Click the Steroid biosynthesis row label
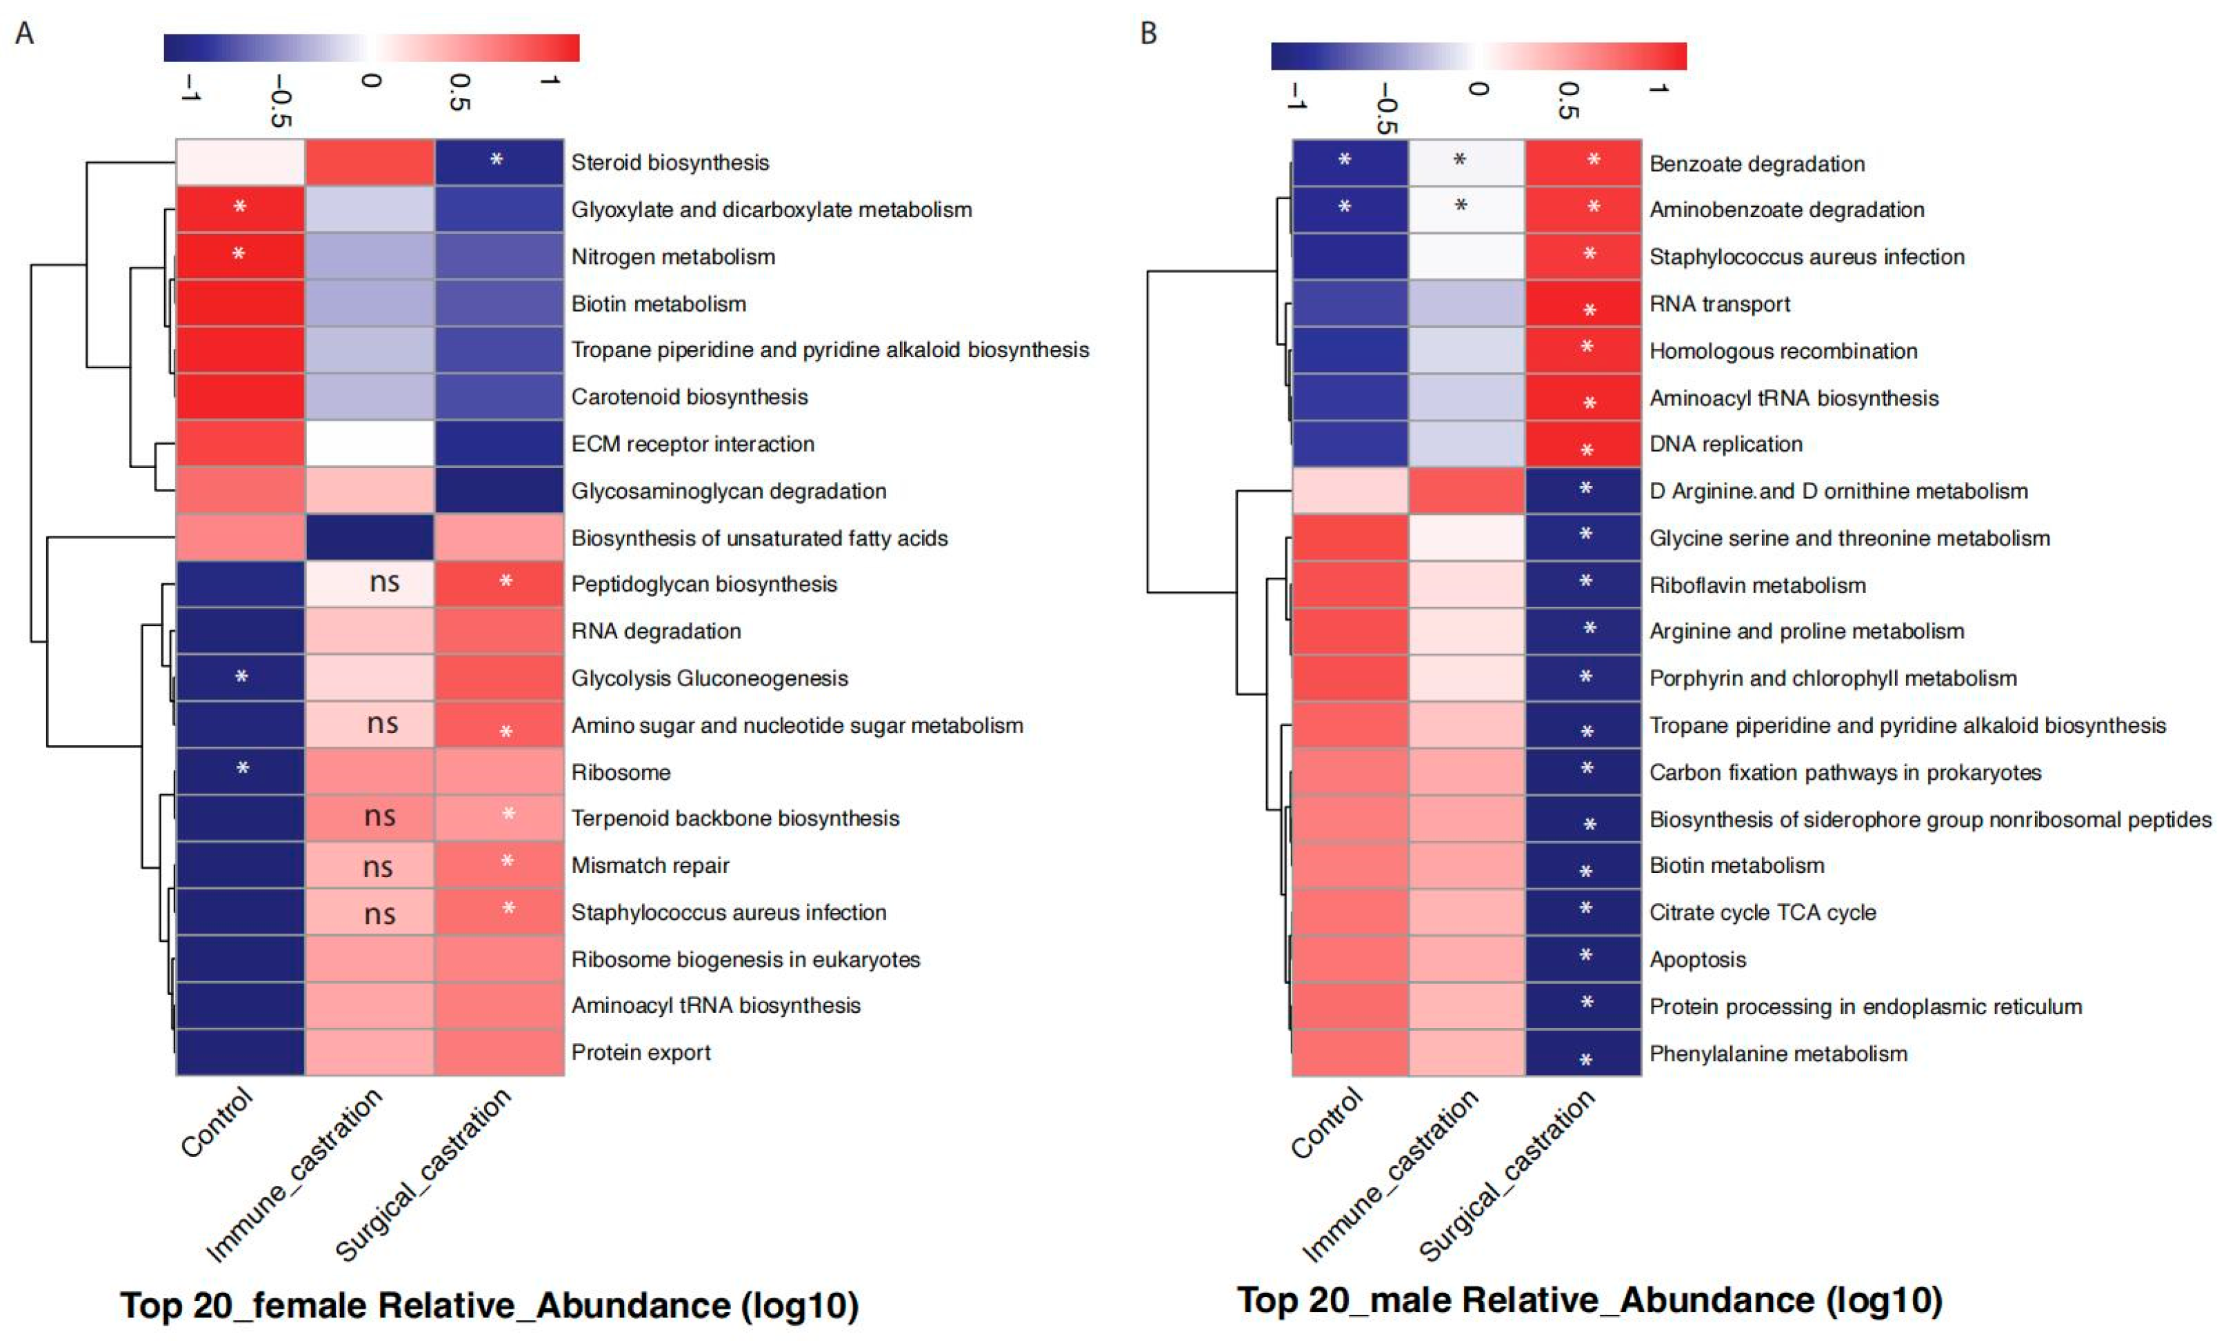tap(670, 163)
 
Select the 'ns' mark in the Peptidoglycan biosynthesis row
tap(384, 583)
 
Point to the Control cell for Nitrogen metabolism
tap(239, 256)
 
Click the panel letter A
tap(24, 33)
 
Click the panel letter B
tap(1148, 33)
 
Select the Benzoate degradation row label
tap(1756, 163)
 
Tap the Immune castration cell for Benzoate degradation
tap(1466, 163)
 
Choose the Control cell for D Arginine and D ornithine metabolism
tap(1350, 490)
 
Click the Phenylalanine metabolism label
tap(1778, 1053)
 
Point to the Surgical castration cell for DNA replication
tap(1583, 443)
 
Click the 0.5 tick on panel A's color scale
tap(460, 92)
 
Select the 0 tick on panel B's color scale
tap(1478, 88)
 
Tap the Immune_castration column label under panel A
tap(295, 1174)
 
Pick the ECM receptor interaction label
tap(692, 443)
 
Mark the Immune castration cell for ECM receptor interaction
tap(370, 443)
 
